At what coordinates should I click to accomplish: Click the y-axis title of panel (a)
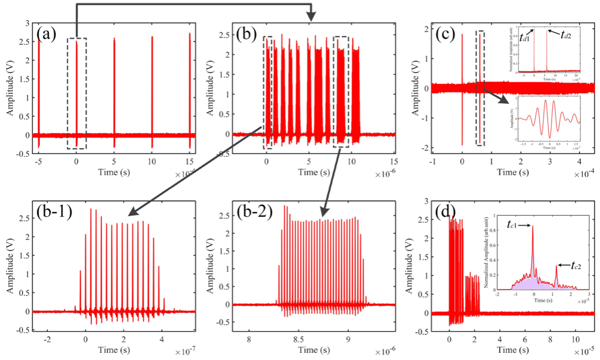click(12, 88)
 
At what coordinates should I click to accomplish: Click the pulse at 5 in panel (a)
click(114, 88)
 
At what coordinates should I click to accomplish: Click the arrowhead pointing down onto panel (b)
click(312, 18)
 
